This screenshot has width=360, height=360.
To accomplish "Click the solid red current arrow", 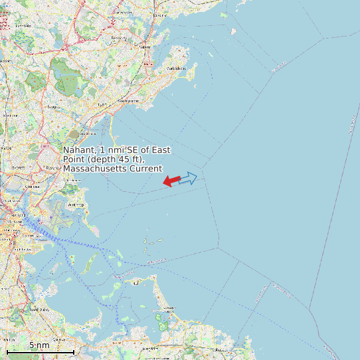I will (x=171, y=181).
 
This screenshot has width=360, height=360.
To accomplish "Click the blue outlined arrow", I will (x=189, y=178).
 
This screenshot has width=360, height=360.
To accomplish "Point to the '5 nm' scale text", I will (x=39, y=345).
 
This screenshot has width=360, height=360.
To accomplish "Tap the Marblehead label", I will (x=176, y=68).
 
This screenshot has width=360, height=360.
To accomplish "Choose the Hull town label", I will (x=136, y=282).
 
